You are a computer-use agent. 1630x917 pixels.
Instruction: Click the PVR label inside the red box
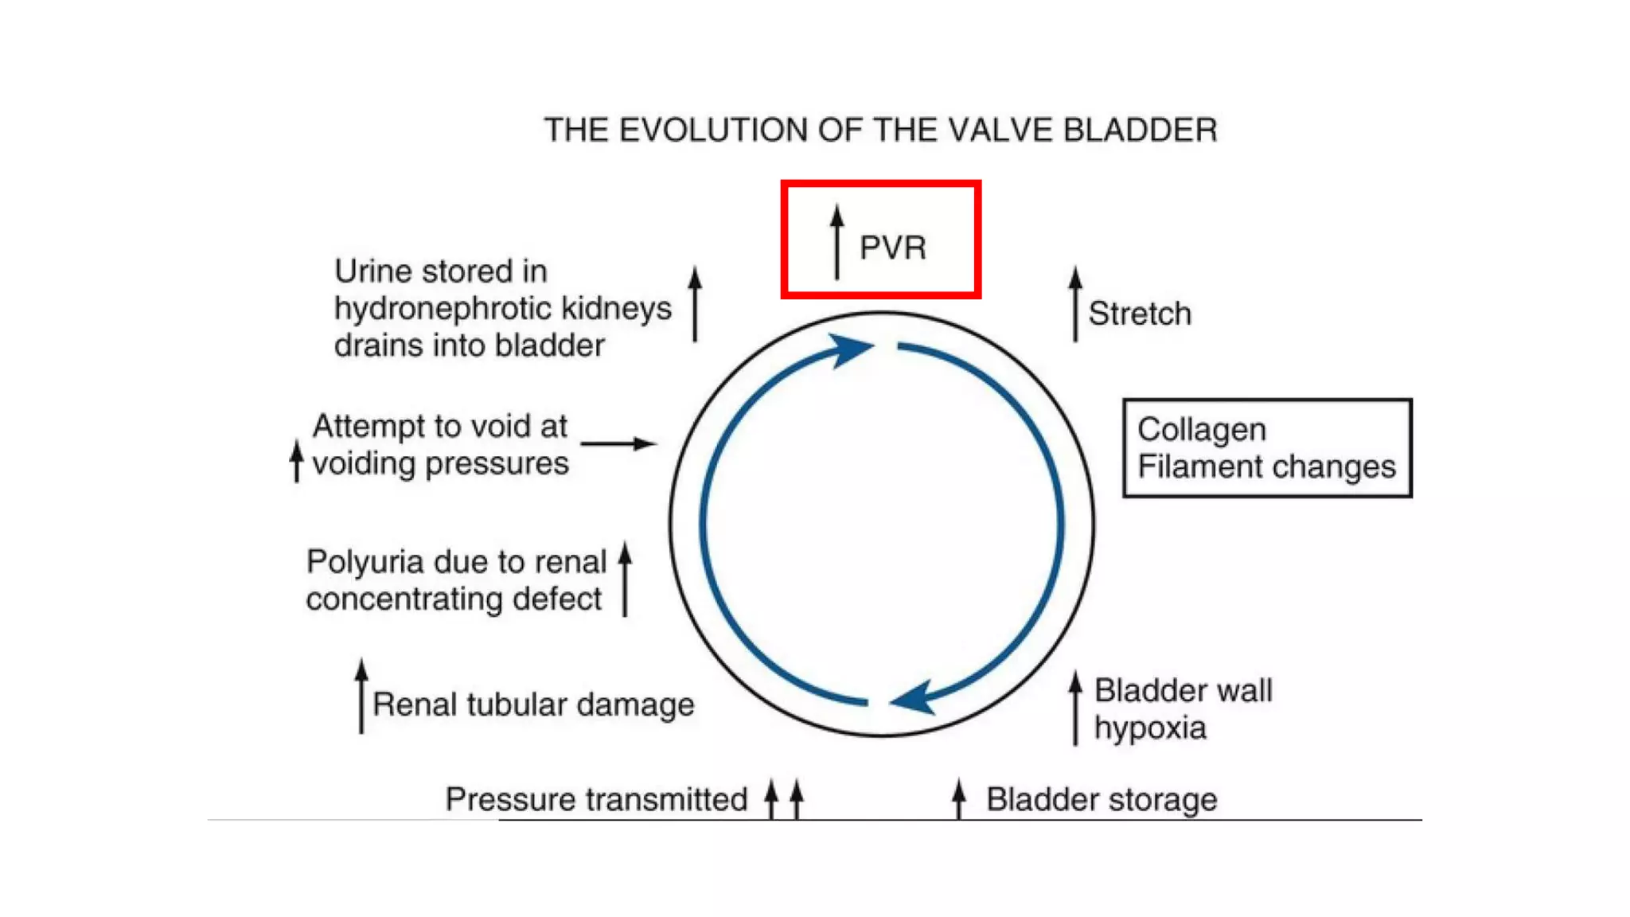[892, 248]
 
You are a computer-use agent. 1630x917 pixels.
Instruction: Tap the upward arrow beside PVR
[836, 241]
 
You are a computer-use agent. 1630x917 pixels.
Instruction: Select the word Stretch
[1139, 314]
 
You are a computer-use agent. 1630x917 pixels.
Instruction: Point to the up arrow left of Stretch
[1075, 304]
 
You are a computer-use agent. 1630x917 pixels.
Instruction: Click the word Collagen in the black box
[1201, 430]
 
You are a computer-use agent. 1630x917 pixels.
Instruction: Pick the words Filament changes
[1266, 466]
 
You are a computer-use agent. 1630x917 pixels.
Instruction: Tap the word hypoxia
[1150, 728]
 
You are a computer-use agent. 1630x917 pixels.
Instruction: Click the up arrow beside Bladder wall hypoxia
[1075, 707]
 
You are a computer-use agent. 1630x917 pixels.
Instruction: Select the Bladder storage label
[1102, 799]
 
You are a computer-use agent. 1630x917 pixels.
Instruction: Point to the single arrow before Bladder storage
[959, 798]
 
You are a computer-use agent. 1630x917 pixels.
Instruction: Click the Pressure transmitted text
[596, 799]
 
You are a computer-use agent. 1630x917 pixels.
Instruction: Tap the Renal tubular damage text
[533, 704]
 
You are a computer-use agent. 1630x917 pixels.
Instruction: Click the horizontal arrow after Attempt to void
[618, 443]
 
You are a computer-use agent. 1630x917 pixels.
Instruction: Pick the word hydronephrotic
[443, 308]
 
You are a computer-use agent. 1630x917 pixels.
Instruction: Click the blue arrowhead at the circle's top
[852, 349]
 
